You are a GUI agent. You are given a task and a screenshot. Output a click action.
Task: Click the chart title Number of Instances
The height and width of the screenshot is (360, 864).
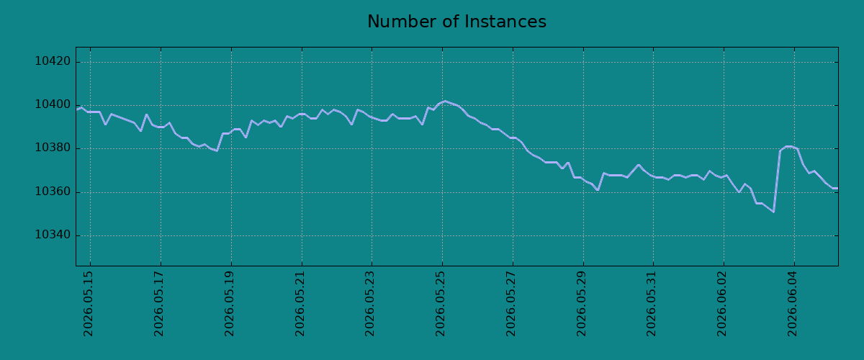tap(456, 22)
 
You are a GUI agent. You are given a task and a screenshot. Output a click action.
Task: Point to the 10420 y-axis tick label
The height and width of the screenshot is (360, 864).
tap(53, 61)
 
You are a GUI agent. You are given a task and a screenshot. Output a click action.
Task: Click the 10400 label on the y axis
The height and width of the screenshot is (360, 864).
tap(53, 105)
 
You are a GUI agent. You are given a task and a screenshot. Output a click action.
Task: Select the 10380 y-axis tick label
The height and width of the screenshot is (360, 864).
tap(53, 148)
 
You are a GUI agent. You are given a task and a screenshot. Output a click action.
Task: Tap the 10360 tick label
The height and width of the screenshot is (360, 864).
tap(53, 192)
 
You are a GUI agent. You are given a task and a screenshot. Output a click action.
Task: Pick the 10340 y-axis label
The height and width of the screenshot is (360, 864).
tap(53, 235)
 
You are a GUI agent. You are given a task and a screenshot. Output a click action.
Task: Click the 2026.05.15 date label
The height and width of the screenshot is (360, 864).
tap(88, 304)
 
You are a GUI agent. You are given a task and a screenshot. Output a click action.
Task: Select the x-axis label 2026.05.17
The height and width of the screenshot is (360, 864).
tap(158, 304)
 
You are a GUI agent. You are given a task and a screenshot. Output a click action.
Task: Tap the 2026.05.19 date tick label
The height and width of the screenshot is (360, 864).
tap(229, 304)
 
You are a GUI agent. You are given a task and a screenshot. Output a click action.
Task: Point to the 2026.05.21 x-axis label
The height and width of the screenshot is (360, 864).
tap(300, 304)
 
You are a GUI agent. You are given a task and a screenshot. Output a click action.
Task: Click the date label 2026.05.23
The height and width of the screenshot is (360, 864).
tap(369, 304)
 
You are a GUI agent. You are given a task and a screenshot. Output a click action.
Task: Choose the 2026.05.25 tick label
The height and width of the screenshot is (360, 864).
tap(440, 304)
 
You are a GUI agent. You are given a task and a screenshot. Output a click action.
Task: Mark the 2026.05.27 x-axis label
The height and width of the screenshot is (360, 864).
tap(510, 304)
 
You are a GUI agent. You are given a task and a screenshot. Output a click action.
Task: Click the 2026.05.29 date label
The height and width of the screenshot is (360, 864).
tap(581, 304)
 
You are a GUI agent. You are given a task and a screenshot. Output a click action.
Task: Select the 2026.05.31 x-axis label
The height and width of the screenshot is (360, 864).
tap(651, 304)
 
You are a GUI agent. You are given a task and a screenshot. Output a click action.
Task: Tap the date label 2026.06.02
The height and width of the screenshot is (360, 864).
tap(721, 304)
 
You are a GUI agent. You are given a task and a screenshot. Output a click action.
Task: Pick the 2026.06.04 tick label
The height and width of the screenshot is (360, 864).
tap(792, 304)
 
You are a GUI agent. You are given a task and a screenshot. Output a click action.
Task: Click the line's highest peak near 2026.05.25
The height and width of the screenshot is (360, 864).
tap(445, 101)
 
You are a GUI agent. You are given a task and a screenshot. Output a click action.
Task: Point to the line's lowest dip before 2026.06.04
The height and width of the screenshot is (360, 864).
tap(773, 212)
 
